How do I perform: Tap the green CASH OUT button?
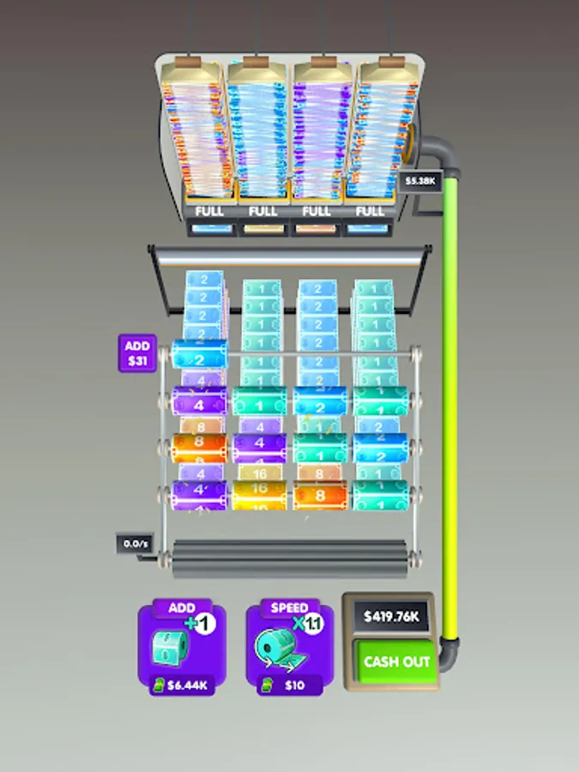pyautogui.click(x=396, y=661)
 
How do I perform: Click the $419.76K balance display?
pyautogui.click(x=391, y=616)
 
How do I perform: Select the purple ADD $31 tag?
pyautogui.click(x=137, y=353)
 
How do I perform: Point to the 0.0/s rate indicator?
pyautogui.click(x=134, y=544)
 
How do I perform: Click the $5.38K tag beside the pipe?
pyautogui.click(x=422, y=181)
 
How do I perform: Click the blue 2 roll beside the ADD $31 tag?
pyautogui.click(x=200, y=354)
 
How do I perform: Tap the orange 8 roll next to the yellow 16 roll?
pyautogui.click(x=319, y=494)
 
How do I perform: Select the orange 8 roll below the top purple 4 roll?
pyautogui.click(x=199, y=447)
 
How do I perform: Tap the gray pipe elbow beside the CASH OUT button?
pyautogui.click(x=450, y=646)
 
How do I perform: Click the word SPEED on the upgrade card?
pyautogui.click(x=289, y=607)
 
